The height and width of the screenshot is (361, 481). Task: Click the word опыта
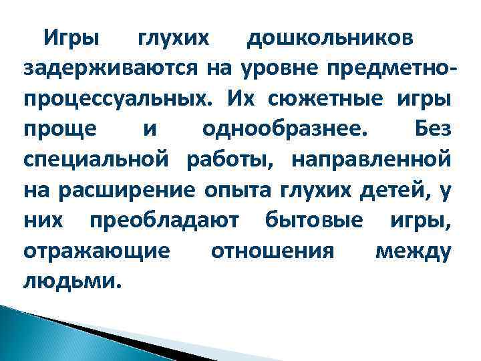pos(236,191)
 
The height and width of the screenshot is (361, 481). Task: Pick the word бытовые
pos(314,221)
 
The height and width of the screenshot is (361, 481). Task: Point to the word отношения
pos(271,252)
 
